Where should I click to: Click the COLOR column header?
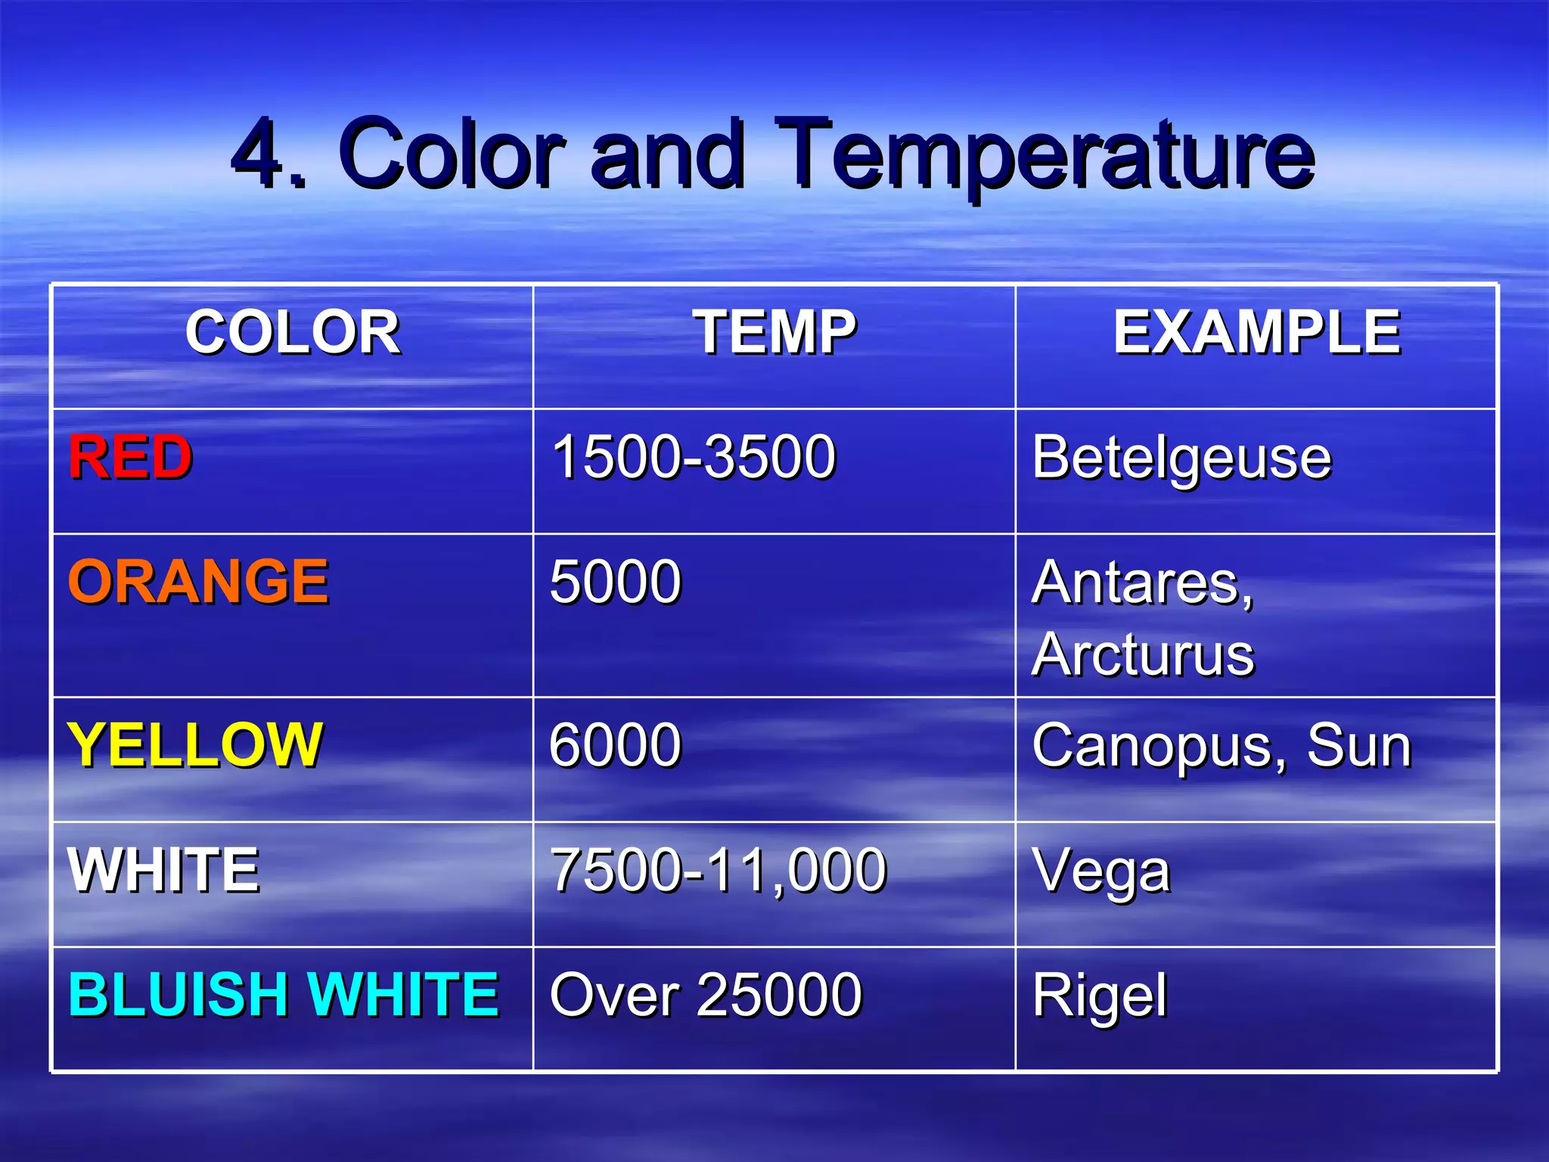point(293,333)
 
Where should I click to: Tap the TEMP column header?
point(774,333)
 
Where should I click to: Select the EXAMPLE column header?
point(1256,333)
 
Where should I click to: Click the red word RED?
point(130,458)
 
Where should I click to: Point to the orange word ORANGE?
point(198,582)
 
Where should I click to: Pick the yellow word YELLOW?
point(195,745)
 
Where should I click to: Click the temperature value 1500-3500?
point(694,458)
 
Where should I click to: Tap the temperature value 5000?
point(616,582)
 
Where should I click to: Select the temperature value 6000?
point(616,745)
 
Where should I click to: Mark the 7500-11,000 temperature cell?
point(718,870)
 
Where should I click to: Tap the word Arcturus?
point(1142,654)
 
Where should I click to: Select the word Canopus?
point(1157,747)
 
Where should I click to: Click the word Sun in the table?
point(1359,745)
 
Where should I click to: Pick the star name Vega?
point(1101,872)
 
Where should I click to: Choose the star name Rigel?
point(1100,996)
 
